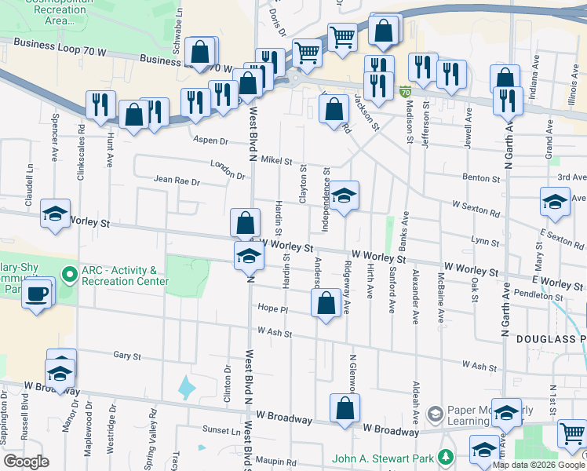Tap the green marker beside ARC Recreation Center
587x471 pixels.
coord(70,275)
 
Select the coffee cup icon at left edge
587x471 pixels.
coord(36,294)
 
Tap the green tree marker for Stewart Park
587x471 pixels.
coord(446,456)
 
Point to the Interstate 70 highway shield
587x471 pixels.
coord(405,93)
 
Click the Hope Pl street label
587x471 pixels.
coord(273,309)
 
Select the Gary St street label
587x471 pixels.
coord(126,356)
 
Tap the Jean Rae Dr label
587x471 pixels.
coord(177,181)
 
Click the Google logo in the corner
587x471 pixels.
coord(27,462)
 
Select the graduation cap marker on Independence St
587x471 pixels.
coord(344,196)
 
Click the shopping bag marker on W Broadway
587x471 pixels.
coord(345,408)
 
